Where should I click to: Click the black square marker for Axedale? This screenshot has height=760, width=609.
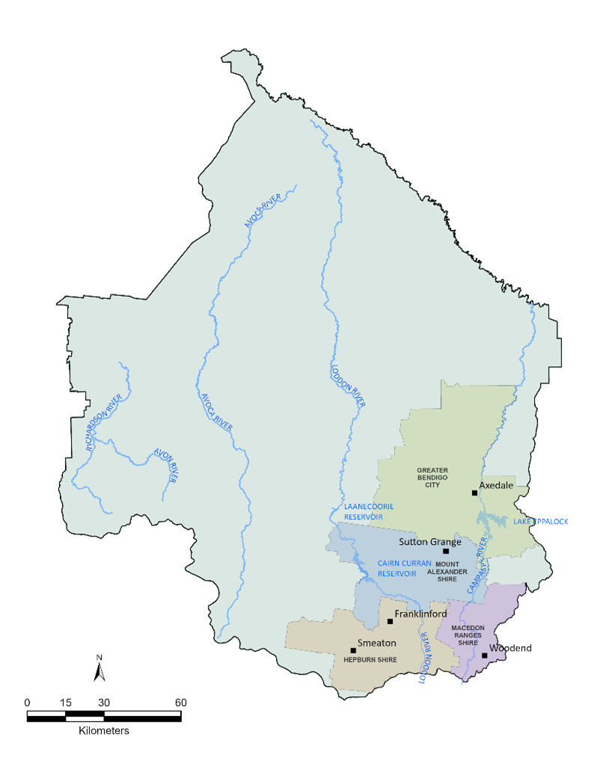[x=474, y=492]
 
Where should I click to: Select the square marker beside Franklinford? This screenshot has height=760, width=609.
[x=390, y=621]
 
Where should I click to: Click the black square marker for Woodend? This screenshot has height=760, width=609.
[x=485, y=655]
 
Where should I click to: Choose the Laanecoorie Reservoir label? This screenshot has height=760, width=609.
[x=364, y=511]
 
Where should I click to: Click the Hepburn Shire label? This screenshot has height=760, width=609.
[x=370, y=660]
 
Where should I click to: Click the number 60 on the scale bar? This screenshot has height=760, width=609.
[x=180, y=702]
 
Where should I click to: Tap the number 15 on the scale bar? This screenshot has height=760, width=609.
[x=65, y=702]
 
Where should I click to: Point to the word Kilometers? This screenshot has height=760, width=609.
[x=104, y=730]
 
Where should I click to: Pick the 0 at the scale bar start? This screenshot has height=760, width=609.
[x=28, y=702]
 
